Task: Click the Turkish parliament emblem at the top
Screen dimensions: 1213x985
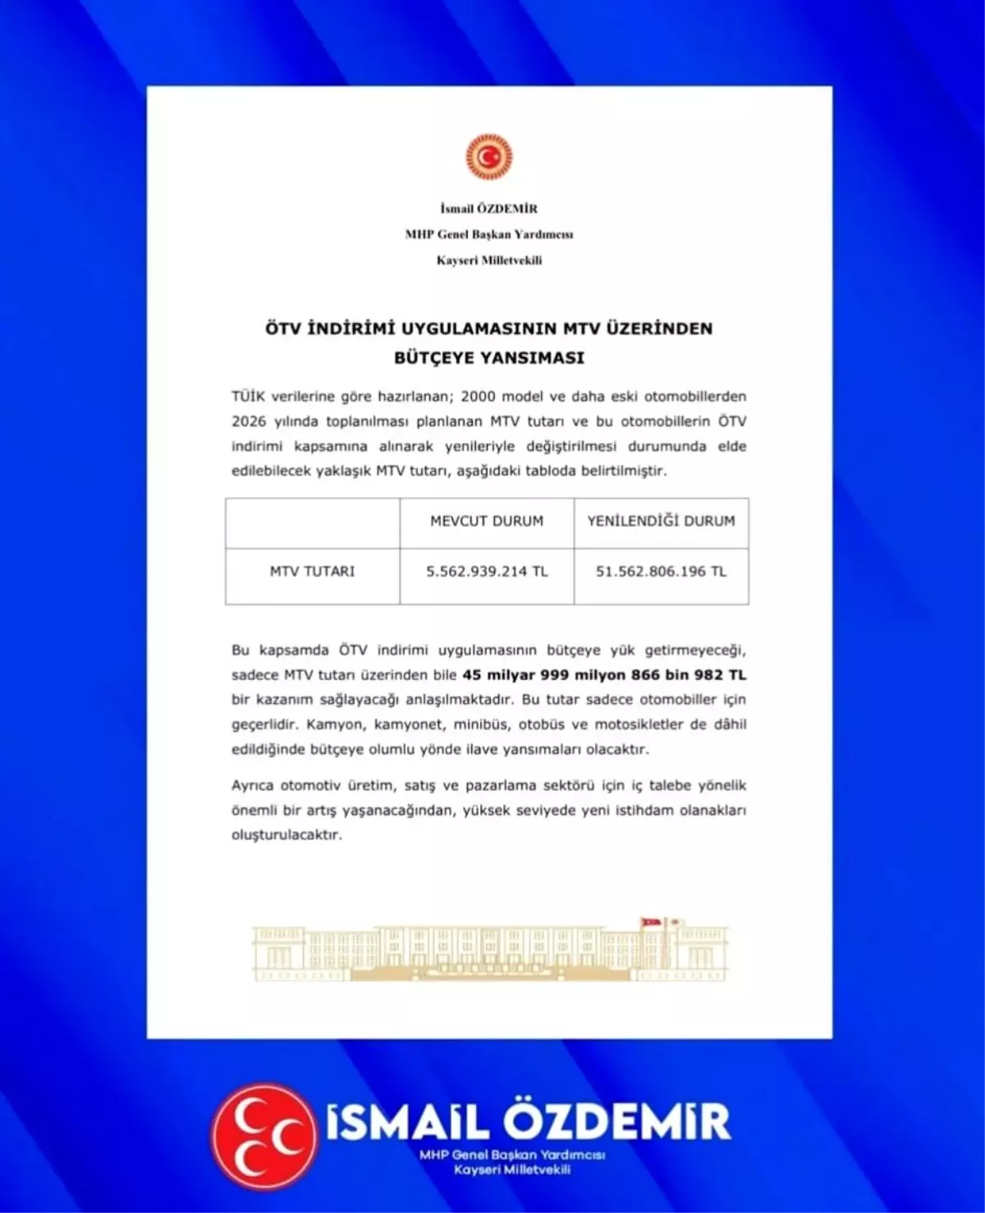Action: point(489,157)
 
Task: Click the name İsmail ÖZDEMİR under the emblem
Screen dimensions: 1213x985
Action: point(489,209)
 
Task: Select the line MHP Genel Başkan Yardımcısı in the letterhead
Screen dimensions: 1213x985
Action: point(489,234)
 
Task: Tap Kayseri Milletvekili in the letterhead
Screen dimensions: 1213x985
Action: point(489,260)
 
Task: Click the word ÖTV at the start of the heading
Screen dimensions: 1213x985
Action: point(284,329)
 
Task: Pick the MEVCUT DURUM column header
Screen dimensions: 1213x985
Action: point(487,521)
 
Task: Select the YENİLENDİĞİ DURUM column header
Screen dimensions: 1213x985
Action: point(661,521)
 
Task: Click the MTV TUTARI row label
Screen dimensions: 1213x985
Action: point(313,571)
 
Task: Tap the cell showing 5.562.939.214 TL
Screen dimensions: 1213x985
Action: point(487,572)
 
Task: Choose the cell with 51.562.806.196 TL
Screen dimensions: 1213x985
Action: point(661,572)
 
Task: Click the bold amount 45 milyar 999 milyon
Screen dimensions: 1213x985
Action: point(544,675)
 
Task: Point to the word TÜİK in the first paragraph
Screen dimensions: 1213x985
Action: point(248,396)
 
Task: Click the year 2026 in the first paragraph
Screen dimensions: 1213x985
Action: point(249,421)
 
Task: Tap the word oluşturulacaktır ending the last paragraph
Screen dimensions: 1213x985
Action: point(286,834)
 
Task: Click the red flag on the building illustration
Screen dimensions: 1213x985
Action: point(651,923)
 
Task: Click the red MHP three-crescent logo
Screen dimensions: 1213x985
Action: point(264,1135)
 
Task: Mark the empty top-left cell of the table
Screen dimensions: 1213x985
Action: point(313,522)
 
